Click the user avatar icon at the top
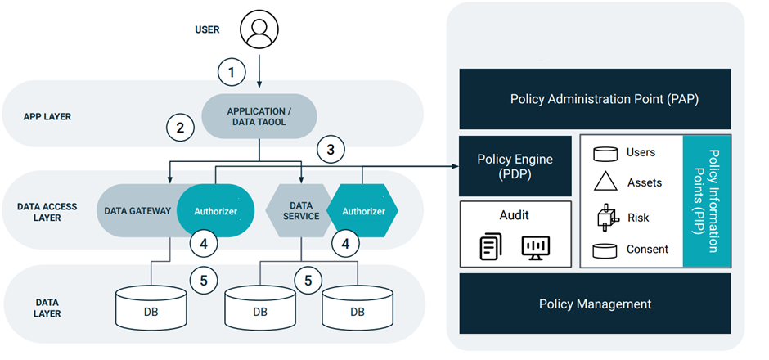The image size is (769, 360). coord(259,29)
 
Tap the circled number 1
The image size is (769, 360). coord(232,73)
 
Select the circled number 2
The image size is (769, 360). coord(180,128)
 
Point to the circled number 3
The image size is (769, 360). coord(330,150)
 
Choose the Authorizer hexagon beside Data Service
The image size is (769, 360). coord(362,211)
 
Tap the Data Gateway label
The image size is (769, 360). coord(137,211)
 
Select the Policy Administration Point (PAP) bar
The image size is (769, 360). coord(595,99)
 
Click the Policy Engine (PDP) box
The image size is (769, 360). coord(515,166)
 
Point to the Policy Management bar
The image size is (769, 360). coord(595,304)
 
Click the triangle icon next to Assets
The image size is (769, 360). coord(605,183)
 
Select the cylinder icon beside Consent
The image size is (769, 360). coord(605,249)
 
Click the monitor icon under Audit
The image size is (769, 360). coord(536,246)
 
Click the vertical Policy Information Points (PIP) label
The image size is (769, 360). coord(707,201)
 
